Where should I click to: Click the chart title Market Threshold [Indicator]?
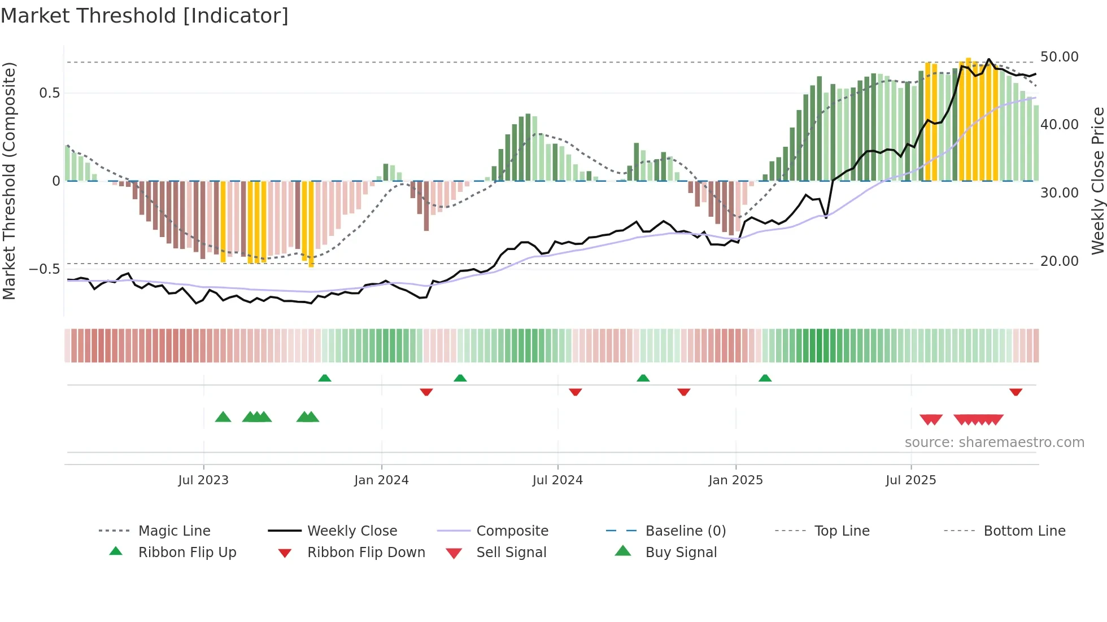[x=145, y=16]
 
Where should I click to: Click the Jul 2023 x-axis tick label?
[x=203, y=480]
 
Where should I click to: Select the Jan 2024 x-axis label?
[x=381, y=480]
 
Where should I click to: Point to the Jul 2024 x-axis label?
[x=557, y=480]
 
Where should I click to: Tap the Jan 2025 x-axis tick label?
[x=735, y=480]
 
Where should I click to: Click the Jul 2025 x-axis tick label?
[x=910, y=480]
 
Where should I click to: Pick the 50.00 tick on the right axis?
[x=1059, y=57]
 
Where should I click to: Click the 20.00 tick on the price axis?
[x=1059, y=261]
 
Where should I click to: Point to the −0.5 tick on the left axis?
[x=44, y=269]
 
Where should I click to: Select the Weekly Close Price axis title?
[x=1097, y=181]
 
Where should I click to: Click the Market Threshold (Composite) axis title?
[x=9, y=181]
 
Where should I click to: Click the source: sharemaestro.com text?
[x=994, y=443]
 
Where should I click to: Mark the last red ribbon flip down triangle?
[x=1016, y=392]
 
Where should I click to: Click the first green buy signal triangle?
[x=223, y=417]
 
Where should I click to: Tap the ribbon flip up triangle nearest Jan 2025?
[x=765, y=378]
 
